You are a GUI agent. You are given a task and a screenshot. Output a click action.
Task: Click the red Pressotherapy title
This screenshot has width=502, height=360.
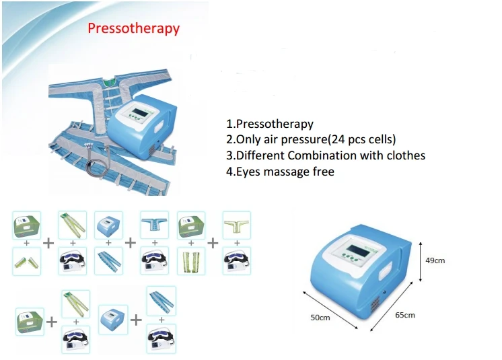pos(134,28)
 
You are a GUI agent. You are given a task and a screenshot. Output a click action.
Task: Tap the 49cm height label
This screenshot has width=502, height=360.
pos(435,260)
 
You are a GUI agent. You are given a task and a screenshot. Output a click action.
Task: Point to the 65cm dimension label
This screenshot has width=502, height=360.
pos(405,315)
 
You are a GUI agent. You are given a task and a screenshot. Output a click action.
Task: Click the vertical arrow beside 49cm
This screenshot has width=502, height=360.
pos(420,261)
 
